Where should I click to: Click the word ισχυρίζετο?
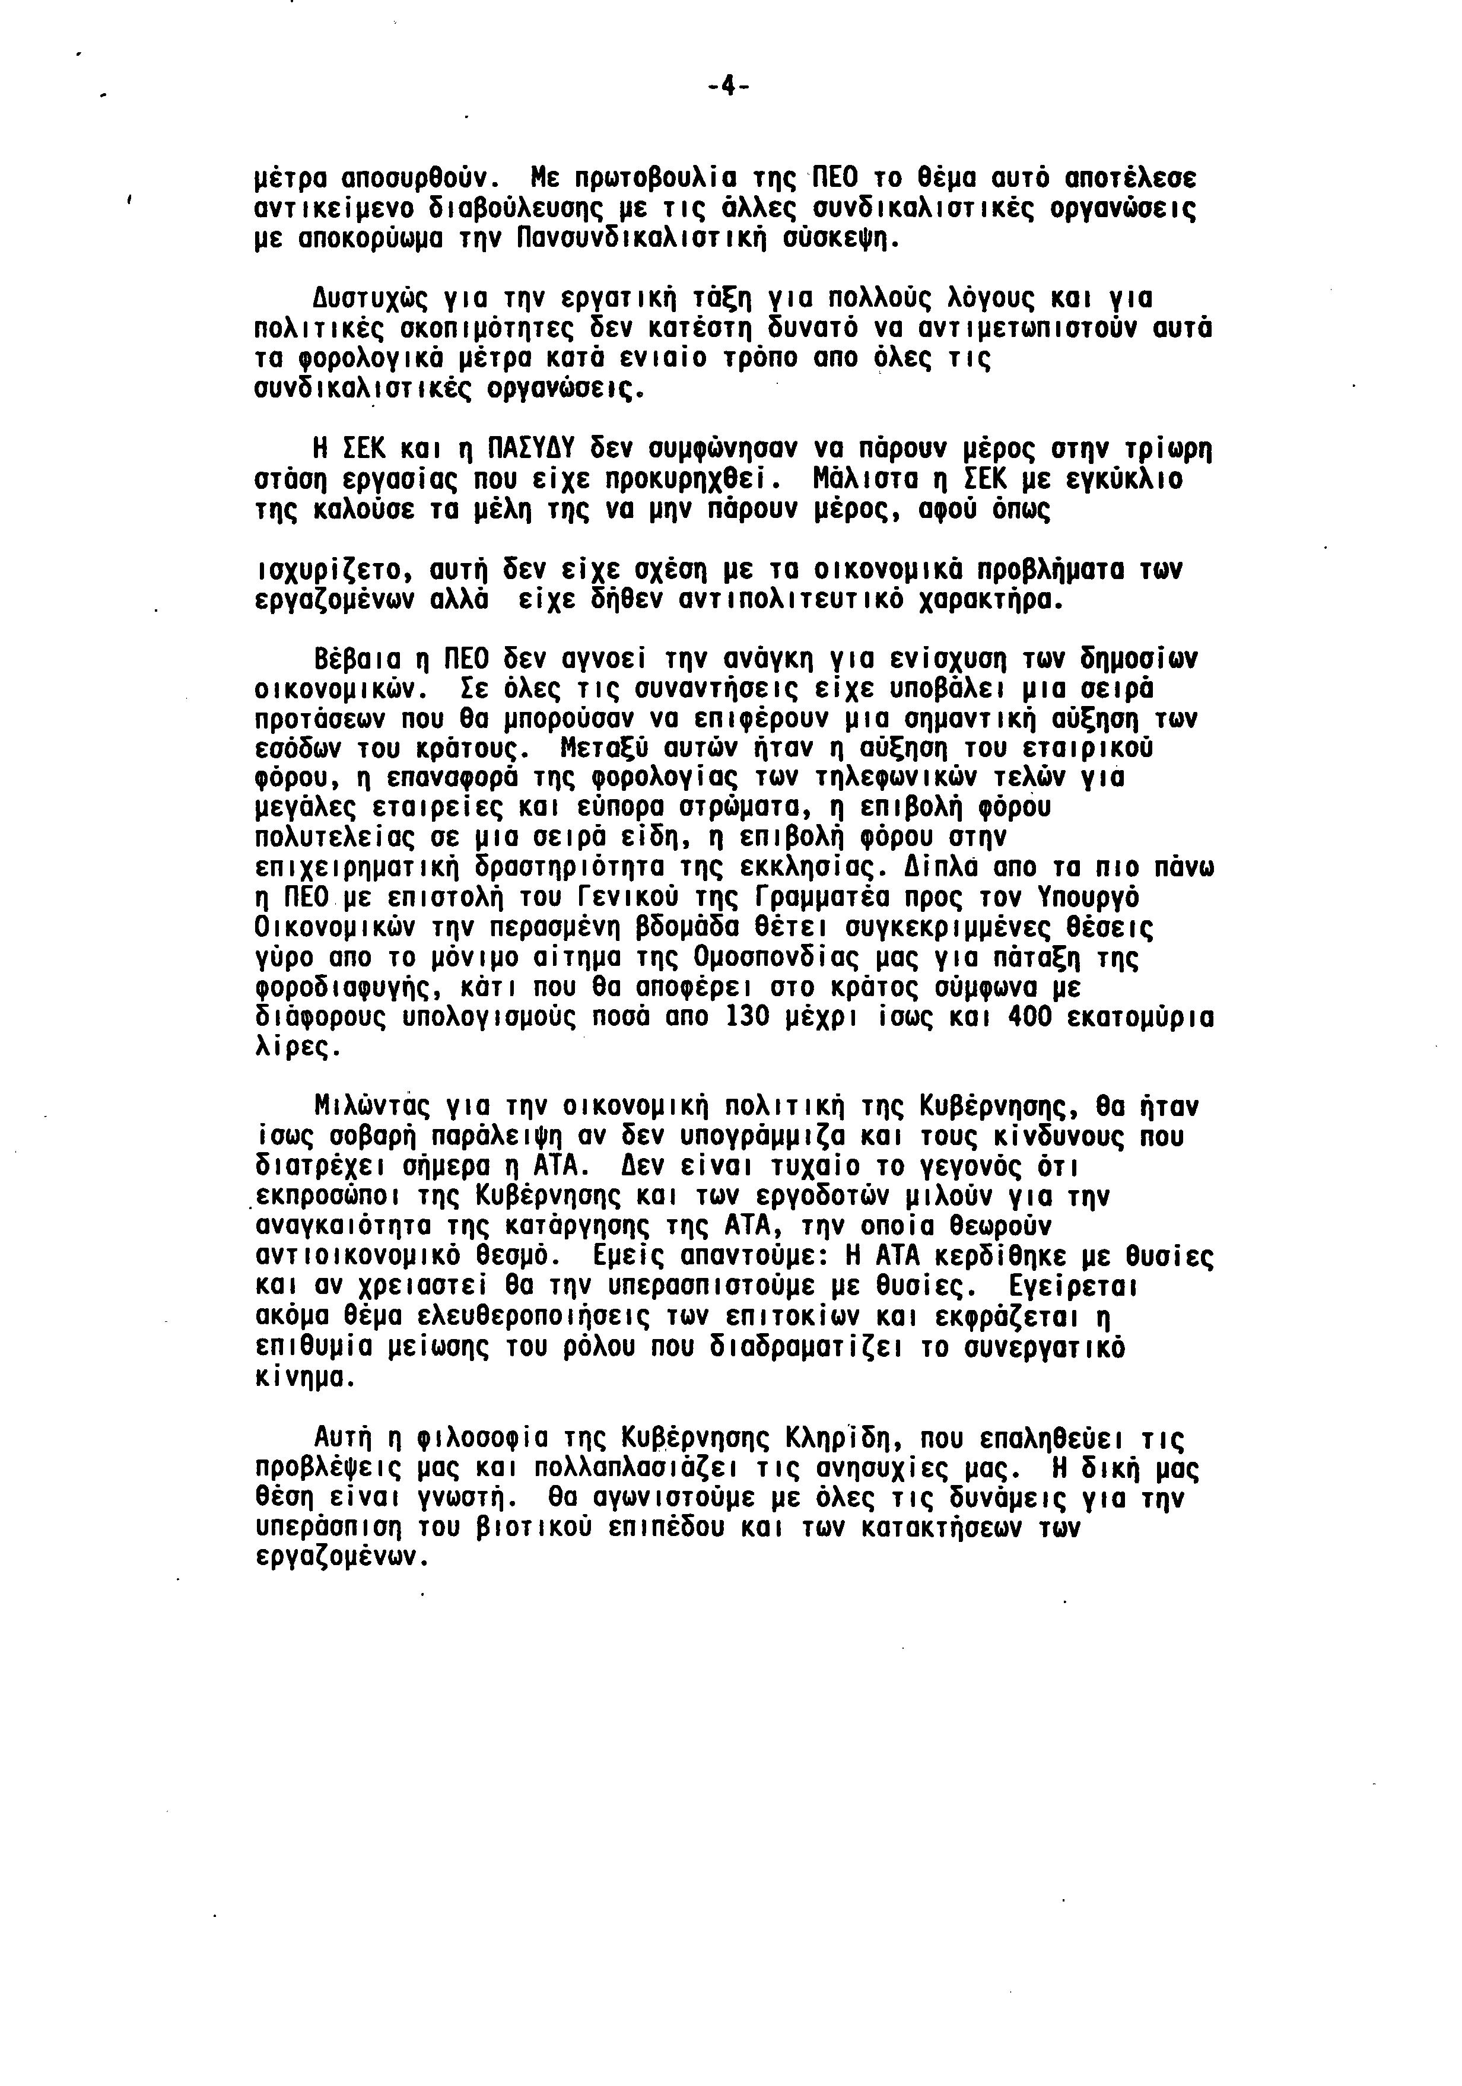327,571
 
